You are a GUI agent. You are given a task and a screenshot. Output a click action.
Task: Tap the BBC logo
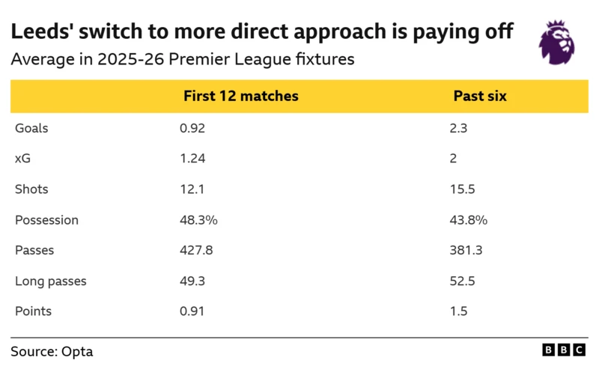(x=564, y=350)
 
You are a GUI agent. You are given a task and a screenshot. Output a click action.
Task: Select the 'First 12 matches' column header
(x=240, y=97)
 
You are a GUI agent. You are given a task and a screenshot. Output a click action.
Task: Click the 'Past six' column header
(x=479, y=97)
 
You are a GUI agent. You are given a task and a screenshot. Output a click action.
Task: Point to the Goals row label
(x=31, y=128)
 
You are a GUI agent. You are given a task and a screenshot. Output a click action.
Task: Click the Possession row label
(x=46, y=220)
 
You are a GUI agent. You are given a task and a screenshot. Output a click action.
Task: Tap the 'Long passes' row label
(x=50, y=281)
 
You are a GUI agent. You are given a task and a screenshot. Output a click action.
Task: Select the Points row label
(x=33, y=311)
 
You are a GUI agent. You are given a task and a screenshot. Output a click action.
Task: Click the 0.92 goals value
(x=192, y=128)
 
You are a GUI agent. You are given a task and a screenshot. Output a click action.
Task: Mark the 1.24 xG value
(x=192, y=159)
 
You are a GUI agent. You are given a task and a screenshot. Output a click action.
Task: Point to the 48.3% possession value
(x=198, y=220)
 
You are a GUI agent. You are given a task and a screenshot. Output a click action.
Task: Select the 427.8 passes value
(x=196, y=251)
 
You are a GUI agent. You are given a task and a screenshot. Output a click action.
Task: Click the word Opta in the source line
(x=78, y=351)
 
